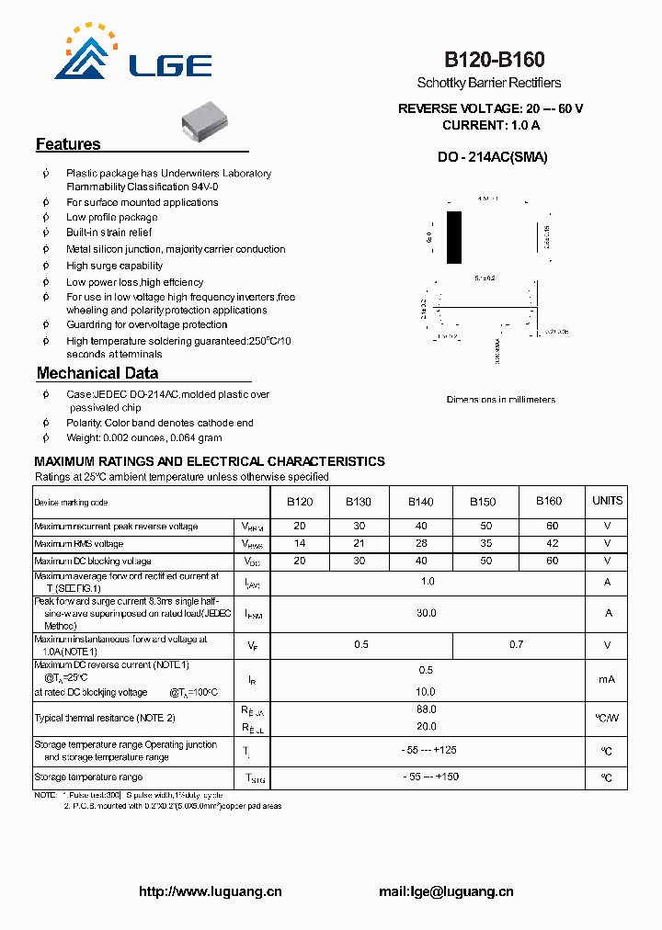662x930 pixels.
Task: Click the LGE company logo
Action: coord(132,53)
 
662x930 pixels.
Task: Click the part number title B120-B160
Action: coord(494,60)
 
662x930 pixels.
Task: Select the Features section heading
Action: coord(68,144)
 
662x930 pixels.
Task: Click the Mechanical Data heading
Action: coord(97,373)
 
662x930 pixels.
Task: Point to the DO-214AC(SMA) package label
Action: coord(492,157)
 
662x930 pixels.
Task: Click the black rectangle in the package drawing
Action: coord(453,238)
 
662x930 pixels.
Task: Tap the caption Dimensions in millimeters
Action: coord(500,400)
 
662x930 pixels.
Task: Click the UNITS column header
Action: coord(607,501)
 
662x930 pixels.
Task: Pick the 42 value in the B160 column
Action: coord(551,543)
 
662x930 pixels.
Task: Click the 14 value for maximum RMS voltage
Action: coord(299,543)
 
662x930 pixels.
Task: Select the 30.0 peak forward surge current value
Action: coord(427,613)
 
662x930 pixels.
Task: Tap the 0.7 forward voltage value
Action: coord(517,645)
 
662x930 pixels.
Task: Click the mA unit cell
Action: coord(607,679)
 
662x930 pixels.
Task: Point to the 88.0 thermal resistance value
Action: coord(427,709)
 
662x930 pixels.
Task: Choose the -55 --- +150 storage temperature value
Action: coord(430,777)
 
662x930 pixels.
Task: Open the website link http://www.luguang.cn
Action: coord(210,891)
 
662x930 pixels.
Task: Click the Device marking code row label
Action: coord(71,503)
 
